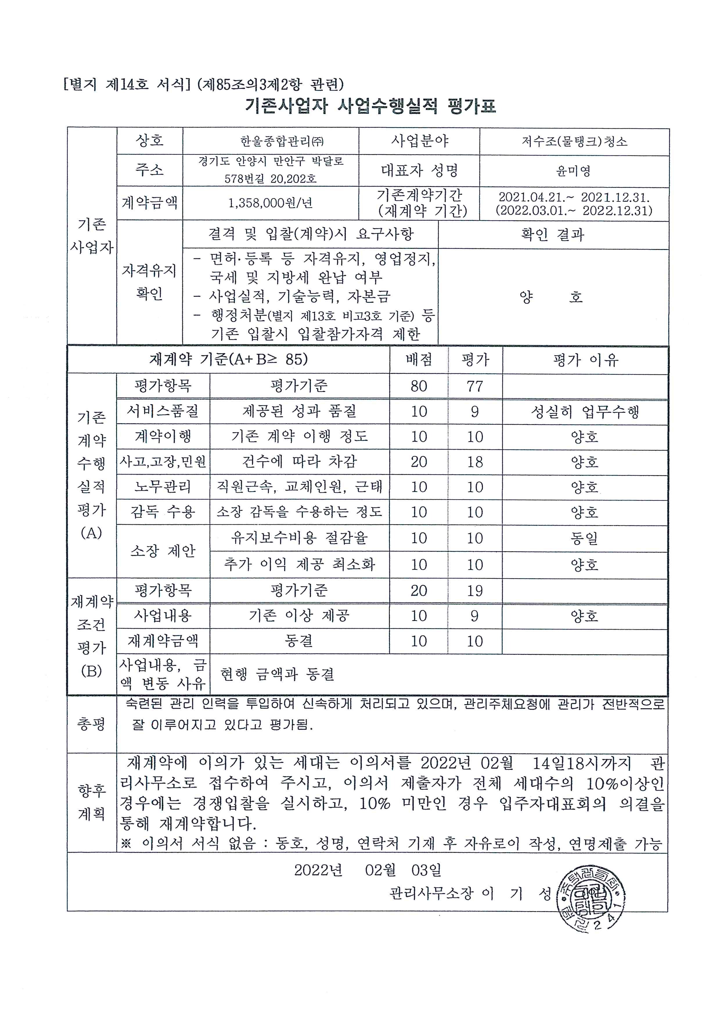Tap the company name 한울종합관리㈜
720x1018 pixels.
pyautogui.click(x=282, y=141)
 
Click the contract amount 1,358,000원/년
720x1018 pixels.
pyautogui.click(x=271, y=203)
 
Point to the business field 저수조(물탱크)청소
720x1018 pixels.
pyautogui.click(x=574, y=141)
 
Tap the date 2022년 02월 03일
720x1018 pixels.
pyautogui.click(x=368, y=870)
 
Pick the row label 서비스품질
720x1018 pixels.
pyautogui.click(x=163, y=411)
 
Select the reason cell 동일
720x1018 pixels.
pyautogui.click(x=584, y=538)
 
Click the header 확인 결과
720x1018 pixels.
pyautogui.click(x=552, y=235)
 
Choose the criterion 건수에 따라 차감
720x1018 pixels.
pyautogui.click(x=299, y=462)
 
